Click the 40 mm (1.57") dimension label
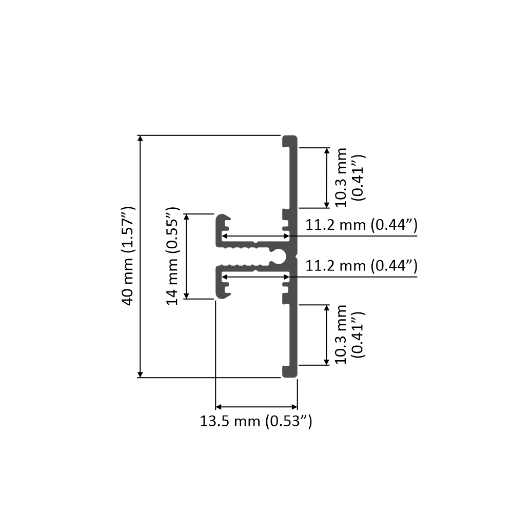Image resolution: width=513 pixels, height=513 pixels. tap(128, 256)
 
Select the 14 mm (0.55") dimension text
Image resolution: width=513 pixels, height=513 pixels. tap(173, 256)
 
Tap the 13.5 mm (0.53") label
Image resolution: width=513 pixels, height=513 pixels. tap(256, 422)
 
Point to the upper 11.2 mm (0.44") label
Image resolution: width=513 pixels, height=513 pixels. tap(361, 225)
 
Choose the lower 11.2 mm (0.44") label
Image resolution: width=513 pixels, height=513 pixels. tap(361, 266)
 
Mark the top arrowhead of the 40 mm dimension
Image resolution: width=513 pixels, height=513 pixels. tap(140, 139)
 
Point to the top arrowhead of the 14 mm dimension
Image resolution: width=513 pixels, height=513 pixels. tap(187, 218)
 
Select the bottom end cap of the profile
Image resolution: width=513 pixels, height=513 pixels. tap(290, 372)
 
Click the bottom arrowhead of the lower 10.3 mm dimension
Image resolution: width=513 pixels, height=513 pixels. tap(327, 362)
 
